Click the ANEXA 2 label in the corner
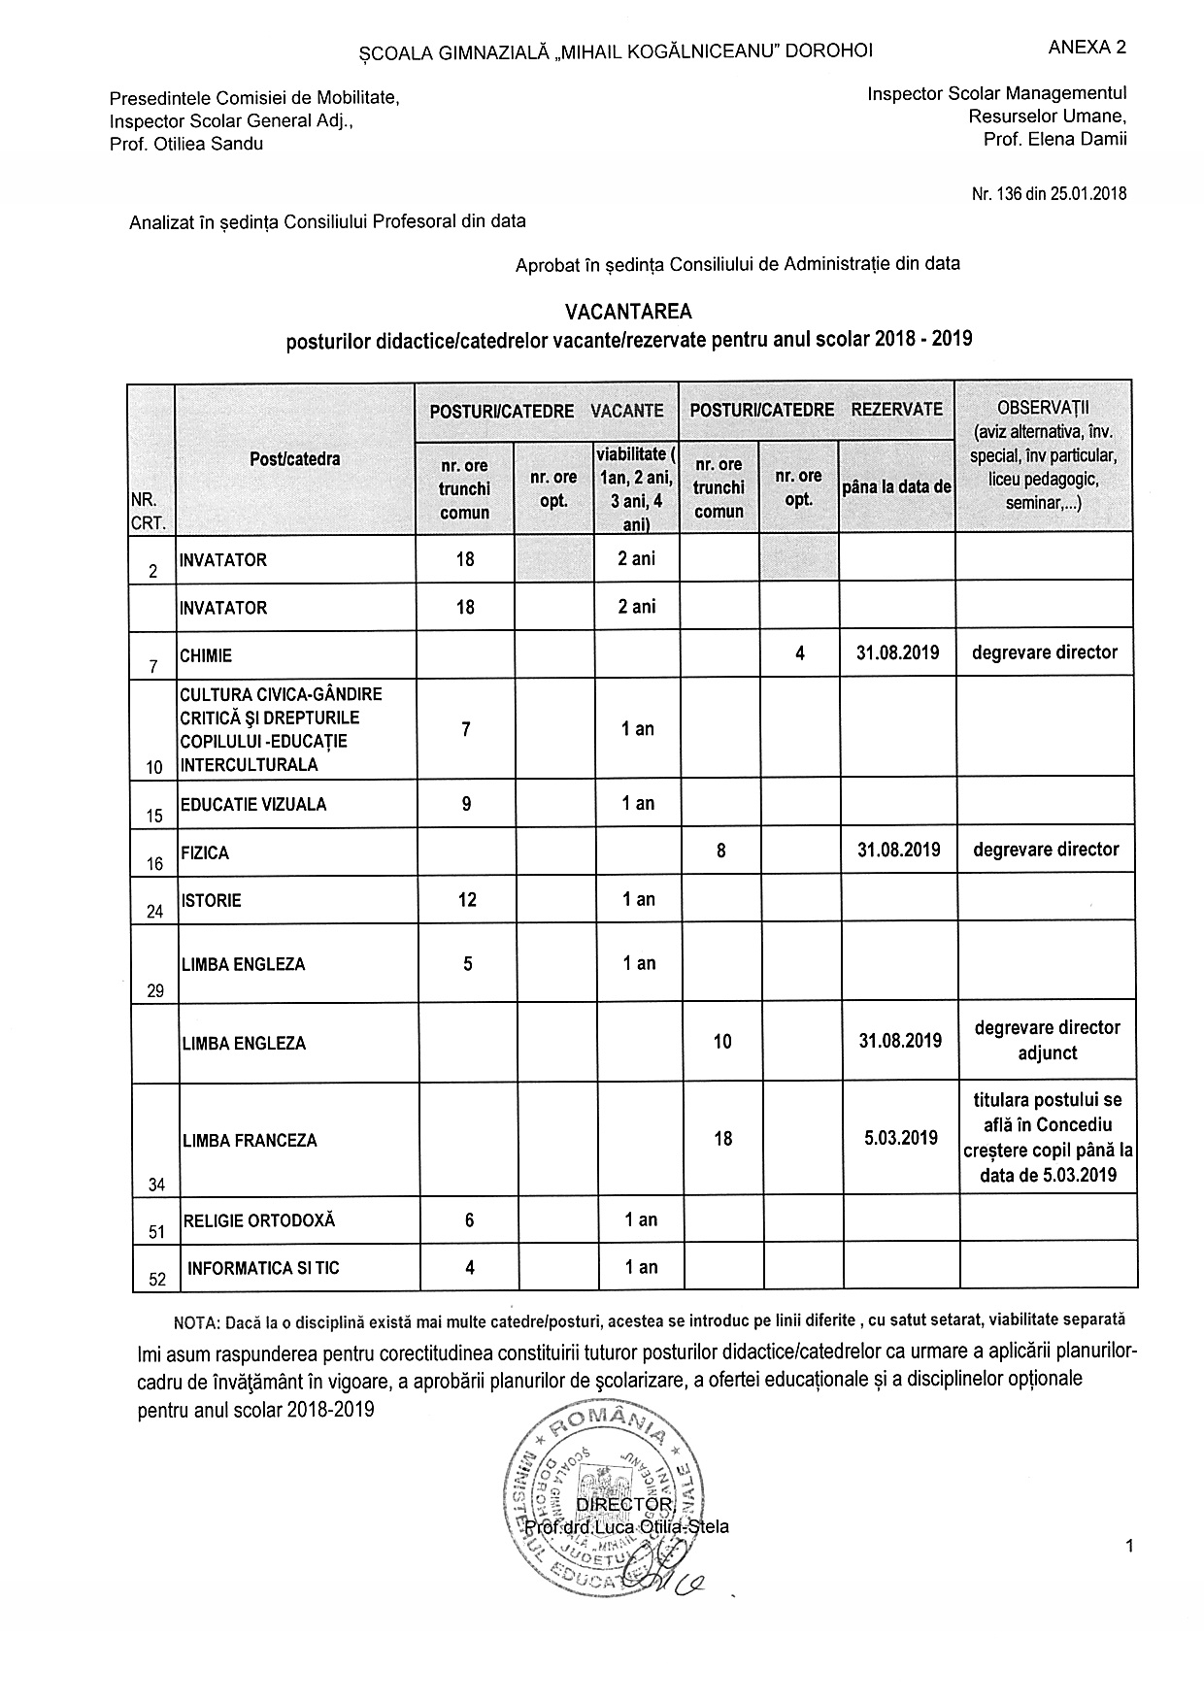1087,48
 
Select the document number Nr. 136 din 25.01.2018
1049,193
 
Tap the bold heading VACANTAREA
629,312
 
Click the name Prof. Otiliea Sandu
186,144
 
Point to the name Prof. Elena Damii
1055,139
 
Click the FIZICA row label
205,853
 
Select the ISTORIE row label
211,900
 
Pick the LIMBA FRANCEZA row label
250,1141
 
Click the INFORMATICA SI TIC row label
263,1268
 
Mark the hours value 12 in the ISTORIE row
467,900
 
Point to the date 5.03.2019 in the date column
901,1138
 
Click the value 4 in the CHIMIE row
799,653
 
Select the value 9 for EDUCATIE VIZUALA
466,804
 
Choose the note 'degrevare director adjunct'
1047,1040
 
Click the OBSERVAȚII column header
1044,406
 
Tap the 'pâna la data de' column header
896,487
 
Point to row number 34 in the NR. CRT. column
156,1185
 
